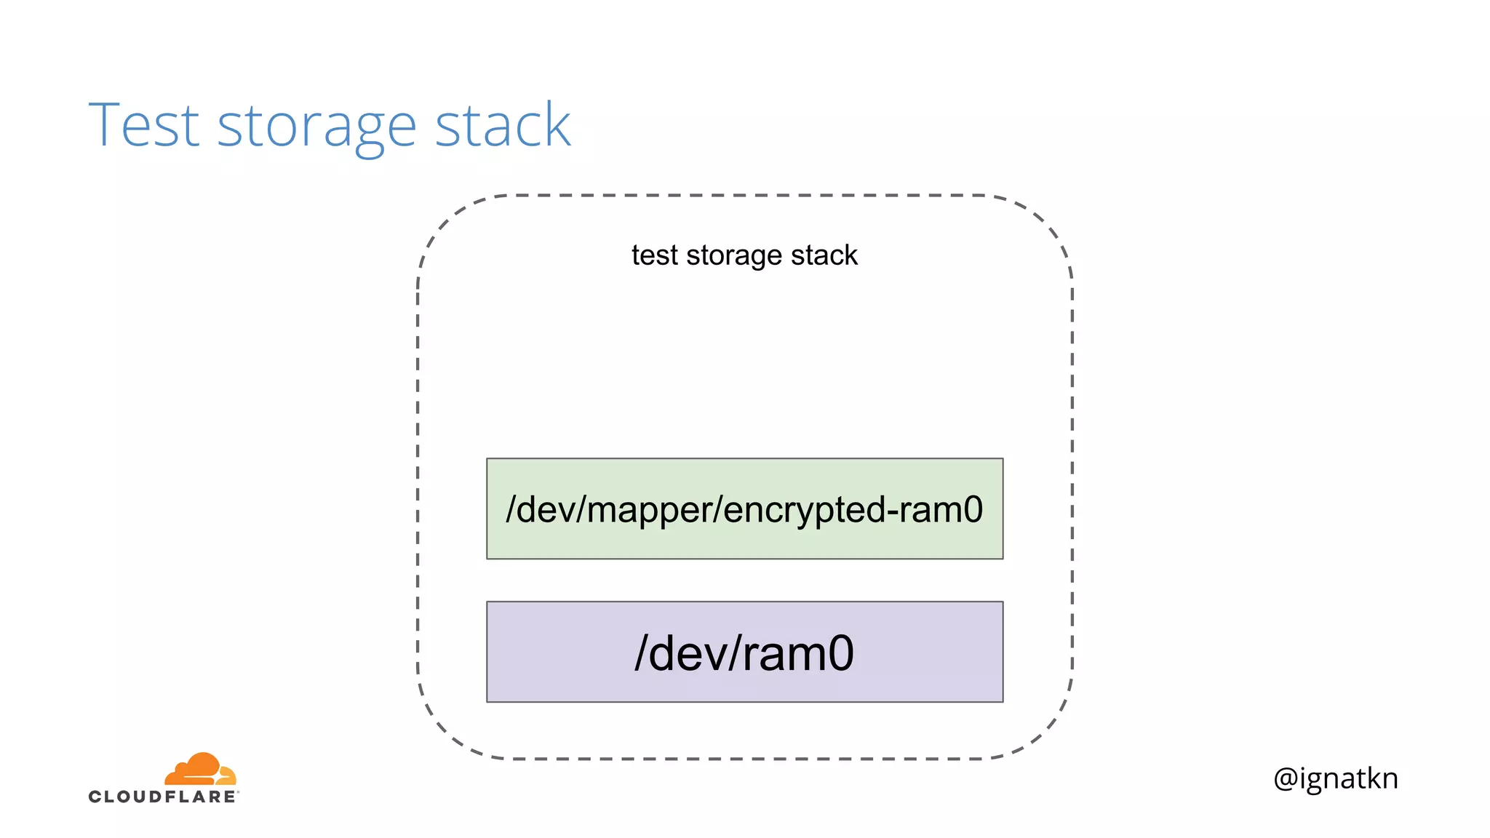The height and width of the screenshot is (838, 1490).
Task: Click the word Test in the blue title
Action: point(143,125)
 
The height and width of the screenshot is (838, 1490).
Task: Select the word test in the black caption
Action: point(654,255)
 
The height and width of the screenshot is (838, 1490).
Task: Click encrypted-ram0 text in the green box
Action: point(853,509)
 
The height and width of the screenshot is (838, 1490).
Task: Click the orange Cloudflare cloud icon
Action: point(200,769)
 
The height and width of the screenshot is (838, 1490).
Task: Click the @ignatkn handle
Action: point(1335,778)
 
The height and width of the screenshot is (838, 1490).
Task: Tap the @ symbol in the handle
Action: point(1286,779)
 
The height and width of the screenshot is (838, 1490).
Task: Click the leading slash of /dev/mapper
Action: point(511,509)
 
